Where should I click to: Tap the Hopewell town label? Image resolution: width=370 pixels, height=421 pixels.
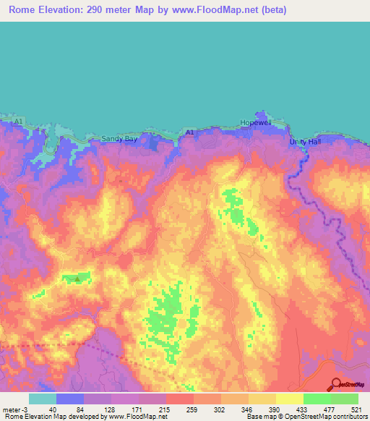pyautogui.click(x=259, y=123)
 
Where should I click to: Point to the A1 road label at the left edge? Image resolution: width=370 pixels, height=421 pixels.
pyautogui.click(x=20, y=120)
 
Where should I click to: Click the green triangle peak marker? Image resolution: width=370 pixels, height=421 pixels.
pyautogui.click(x=77, y=277)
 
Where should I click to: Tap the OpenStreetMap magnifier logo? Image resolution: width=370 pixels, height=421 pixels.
pyautogui.click(x=337, y=385)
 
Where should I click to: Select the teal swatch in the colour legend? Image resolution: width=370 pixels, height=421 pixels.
pyautogui.click(x=43, y=399)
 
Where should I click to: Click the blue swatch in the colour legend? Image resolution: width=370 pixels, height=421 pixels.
pyautogui.click(x=70, y=399)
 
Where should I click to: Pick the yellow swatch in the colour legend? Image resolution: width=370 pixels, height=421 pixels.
pyautogui.click(x=290, y=399)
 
